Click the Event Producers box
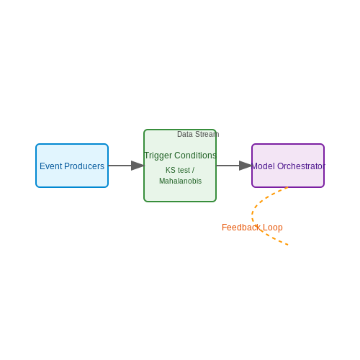pos(72,166)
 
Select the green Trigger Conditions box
pos(180,166)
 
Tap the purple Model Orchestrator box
pos(288,166)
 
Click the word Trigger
pos(158,156)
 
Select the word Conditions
pos(195,156)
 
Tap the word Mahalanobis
pos(180,181)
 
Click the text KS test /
pos(180,170)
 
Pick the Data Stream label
pos(198,134)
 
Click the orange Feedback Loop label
pos(252,228)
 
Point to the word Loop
pos(273,228)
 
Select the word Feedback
pos(241,228)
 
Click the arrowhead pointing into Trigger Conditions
pos(138,166)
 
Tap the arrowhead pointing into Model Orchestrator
pos(246,166)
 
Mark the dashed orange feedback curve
pos(252,216)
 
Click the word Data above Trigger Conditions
pos(185,134)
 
